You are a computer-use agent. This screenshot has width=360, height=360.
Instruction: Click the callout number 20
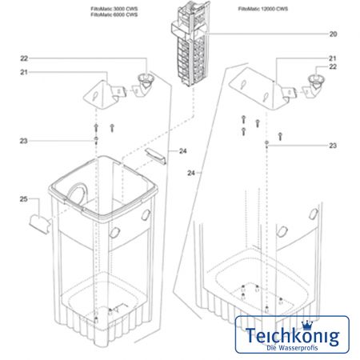click(x=334, y=34)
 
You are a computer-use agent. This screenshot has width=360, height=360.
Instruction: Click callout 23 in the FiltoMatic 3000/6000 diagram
click(x=24, y=141)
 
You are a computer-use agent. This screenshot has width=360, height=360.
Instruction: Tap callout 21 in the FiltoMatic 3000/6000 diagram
click(x=24, y=73)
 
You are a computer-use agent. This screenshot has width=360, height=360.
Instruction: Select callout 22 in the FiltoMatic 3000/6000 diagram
click(x=24, y=58)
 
